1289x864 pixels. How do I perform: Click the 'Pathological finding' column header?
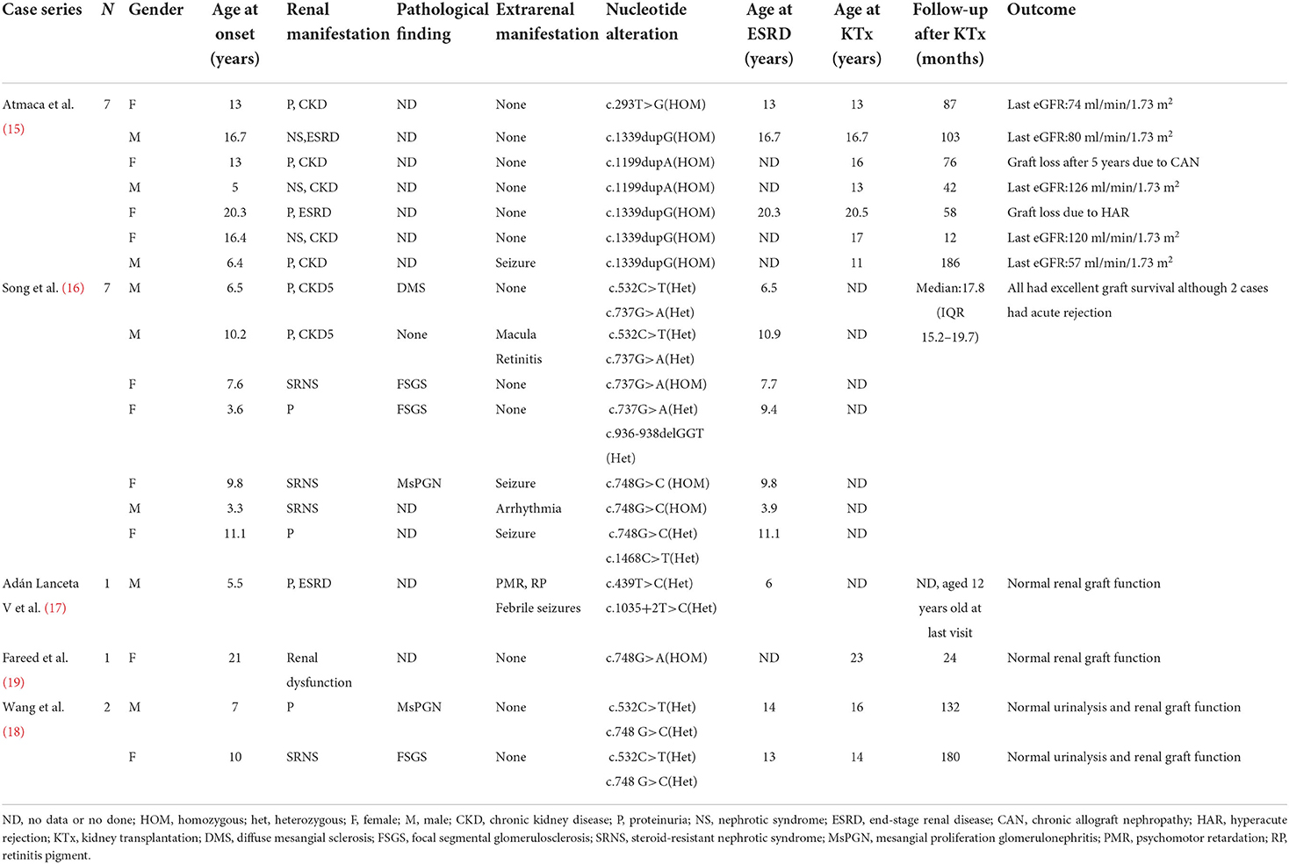(x=442, y=22)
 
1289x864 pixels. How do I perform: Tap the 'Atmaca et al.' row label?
(x=39, y=104)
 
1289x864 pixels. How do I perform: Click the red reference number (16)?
(x=73, y=288)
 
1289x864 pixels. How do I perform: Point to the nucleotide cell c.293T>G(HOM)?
(x=655, y=104)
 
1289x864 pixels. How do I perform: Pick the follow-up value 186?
(x=949, y=263)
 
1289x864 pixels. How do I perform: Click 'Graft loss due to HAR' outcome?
(x=1068, y=212)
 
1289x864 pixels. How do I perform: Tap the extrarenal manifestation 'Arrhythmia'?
(x=528, y=508)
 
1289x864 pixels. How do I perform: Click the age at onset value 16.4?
(x=234, y=238)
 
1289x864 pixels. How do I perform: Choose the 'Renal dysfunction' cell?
(x=319, y=670)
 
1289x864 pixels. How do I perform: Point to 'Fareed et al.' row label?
(x=35, y=658)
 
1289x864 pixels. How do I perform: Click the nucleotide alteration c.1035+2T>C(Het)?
(x=661, y=608)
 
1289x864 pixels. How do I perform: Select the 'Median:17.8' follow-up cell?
(x=949, y=288)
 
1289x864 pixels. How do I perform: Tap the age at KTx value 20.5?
(x=856, y=212)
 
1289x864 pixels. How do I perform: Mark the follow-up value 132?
(x=949, y=707)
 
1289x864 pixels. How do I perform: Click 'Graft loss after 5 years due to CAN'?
(x=1103, y=162)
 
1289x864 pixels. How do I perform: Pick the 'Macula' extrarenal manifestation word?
(x=515, y=335)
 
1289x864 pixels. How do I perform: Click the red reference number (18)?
(x=13, y=731)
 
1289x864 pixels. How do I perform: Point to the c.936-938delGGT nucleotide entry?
(x=654, y=434)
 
